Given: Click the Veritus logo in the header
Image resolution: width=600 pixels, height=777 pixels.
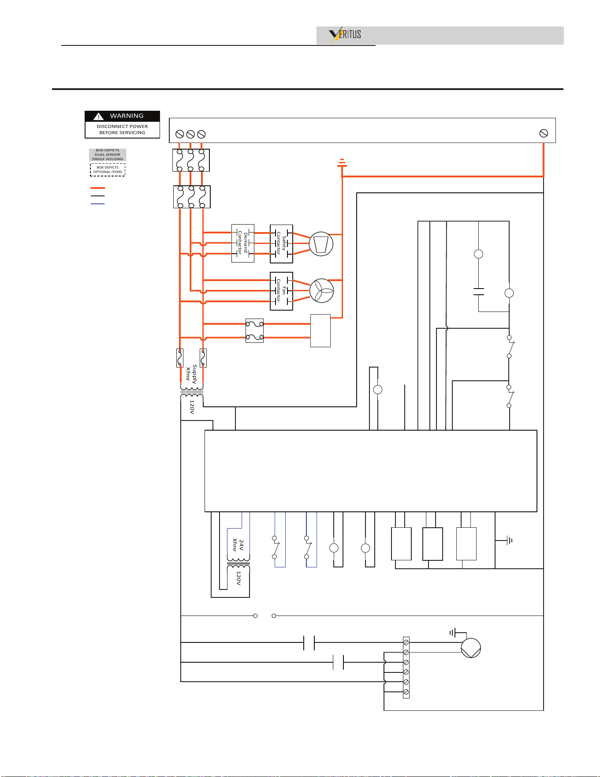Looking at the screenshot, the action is (345, 35).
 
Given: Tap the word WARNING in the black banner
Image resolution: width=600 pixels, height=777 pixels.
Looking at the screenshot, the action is (127, 116).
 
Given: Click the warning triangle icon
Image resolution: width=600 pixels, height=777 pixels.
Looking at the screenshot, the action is (98, 116).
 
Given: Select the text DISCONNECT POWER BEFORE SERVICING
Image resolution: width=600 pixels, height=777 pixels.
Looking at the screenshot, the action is (122, 129).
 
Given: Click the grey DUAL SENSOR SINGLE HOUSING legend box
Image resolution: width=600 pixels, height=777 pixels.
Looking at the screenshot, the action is (108, 155).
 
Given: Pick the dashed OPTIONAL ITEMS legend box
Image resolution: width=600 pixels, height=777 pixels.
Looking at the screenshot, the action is (108, 170).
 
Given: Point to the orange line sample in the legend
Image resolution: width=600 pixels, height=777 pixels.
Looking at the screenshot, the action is (97, 188).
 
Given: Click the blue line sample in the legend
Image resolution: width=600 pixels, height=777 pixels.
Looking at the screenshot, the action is (97, 204).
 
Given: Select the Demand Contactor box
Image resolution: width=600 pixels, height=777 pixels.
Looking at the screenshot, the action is (243, 243).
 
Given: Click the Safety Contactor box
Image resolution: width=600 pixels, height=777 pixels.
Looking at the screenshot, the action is (281, 244).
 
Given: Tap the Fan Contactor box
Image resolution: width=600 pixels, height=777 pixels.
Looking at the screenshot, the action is (281, 291).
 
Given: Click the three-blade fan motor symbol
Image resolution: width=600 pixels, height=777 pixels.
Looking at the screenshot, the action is (321, 291).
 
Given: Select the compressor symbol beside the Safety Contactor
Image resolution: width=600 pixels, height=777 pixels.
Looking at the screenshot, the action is (321, 244).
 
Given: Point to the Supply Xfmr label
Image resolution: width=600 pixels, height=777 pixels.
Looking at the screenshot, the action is (191, 373).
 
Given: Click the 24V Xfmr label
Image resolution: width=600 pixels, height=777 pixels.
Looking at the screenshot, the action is (238, 545).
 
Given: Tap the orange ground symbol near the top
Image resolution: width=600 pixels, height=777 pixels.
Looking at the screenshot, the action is (342, 163).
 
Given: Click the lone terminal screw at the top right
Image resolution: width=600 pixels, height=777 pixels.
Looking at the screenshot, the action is (544, 133).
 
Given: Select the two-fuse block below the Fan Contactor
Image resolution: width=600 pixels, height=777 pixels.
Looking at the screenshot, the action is (254, 331).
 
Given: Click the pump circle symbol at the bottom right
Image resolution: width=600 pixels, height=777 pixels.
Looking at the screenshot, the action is (471, 648).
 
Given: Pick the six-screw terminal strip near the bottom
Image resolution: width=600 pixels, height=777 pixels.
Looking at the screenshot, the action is (406, 668).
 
